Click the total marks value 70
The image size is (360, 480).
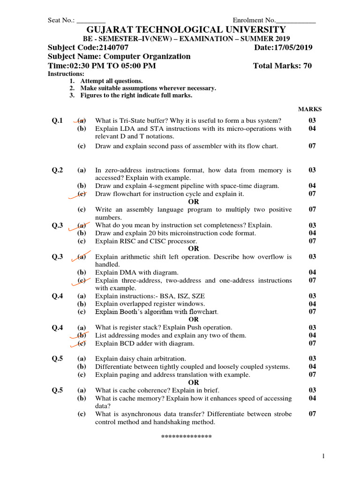307,66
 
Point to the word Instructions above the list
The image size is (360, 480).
66,74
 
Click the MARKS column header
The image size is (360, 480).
310,109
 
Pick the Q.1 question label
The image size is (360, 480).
57,121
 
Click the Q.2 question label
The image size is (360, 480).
57,170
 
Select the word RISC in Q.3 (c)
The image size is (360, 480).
127,241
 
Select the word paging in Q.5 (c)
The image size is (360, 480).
129,375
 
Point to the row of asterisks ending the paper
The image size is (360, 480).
187,437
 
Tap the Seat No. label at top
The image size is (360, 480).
61,20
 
